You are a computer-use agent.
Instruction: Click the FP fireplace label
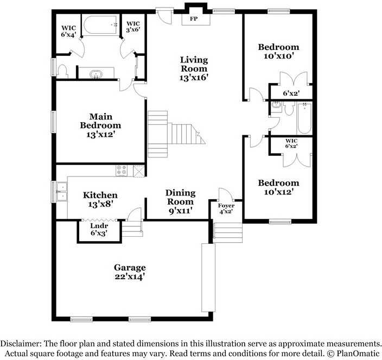pos(194,19)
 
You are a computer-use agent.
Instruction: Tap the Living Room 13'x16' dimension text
pos(194,78)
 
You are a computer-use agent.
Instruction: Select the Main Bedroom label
pos(100,121)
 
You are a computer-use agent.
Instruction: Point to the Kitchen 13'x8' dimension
pos(100,204)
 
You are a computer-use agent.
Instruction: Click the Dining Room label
pos(181,198)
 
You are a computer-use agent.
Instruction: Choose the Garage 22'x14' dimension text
pos(130,277)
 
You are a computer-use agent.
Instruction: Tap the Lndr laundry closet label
pos(99,226)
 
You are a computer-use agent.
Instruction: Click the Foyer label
pos(226,206)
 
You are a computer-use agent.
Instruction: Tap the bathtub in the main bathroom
pos(100,25)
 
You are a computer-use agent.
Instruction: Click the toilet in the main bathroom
pos(62,71)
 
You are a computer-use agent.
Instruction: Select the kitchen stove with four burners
pos(122,170)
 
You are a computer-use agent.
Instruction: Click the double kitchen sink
pos(62,192)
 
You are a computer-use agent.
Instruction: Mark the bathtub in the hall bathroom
pos(304,118)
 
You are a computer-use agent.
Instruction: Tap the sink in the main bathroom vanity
pos(96,74)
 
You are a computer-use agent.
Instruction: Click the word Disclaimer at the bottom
pos(21,344)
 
